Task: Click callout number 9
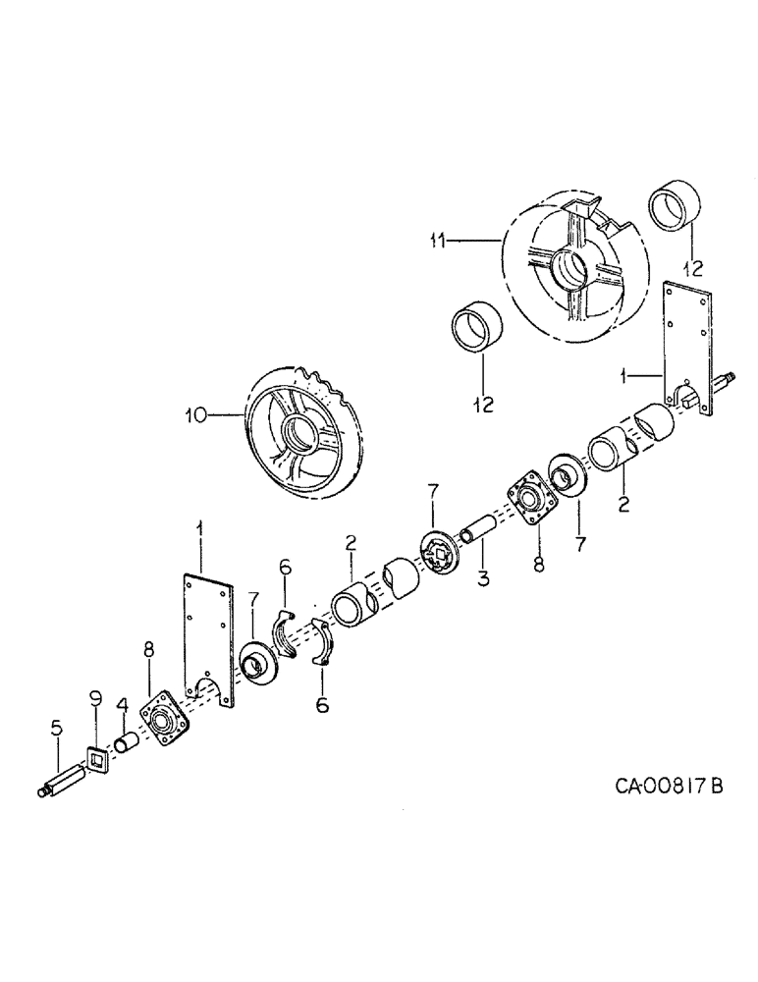point(95,699)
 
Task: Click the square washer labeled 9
point(97,759)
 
